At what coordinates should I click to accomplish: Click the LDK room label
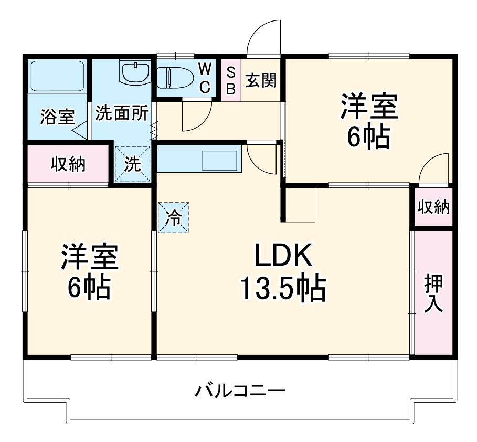[x=283, y=257]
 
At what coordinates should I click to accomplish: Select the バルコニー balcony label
[x=241, y=391]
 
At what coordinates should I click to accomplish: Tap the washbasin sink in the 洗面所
[x=136, y=72]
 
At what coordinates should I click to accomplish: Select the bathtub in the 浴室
[x=57, y=77]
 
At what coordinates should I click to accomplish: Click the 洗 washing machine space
[x=133, y=164]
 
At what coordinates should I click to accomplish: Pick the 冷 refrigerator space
[x=173, y=218]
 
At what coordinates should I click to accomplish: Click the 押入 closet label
[x=433, y=294]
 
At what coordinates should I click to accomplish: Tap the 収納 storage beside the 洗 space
[x=68, y=164]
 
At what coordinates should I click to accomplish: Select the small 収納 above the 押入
[x=433, y=207]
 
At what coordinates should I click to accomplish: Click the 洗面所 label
[x=121, y=114]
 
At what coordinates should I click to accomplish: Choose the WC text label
[x=206, y=77]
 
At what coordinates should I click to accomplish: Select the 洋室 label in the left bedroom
[x=89, y=257]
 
